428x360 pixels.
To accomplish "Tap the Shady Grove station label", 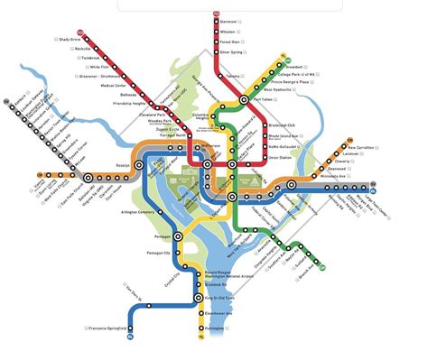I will (x=70, y=40).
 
